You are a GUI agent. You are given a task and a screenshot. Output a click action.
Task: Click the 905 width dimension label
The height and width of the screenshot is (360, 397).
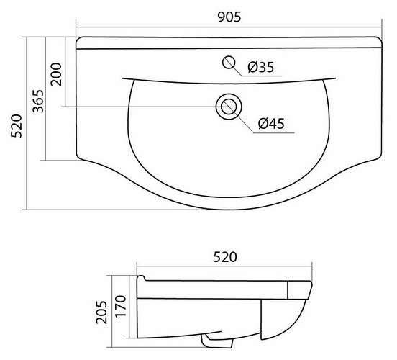tap(229, 17)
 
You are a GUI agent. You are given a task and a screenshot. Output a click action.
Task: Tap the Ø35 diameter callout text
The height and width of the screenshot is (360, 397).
tap(261, 67)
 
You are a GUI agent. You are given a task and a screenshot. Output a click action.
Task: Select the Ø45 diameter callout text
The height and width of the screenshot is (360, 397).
tap(271, 123)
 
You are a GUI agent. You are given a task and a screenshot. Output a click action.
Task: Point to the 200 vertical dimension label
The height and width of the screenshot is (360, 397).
tap(56, 75)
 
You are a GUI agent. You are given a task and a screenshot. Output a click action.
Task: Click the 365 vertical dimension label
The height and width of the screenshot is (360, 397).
tap(39, 101)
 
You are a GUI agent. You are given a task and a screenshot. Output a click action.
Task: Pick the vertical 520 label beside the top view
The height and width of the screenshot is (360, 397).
tap(17, 126)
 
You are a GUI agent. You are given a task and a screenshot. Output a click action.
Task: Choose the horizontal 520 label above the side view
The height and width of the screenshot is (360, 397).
tap(225, 257)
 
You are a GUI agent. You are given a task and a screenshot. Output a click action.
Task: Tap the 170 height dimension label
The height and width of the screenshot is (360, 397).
tap(120, 306)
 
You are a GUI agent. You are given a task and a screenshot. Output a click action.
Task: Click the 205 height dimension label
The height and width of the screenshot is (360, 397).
tap(101, 312)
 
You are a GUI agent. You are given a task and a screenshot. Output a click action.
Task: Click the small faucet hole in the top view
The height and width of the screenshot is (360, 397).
tap(229, 63)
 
